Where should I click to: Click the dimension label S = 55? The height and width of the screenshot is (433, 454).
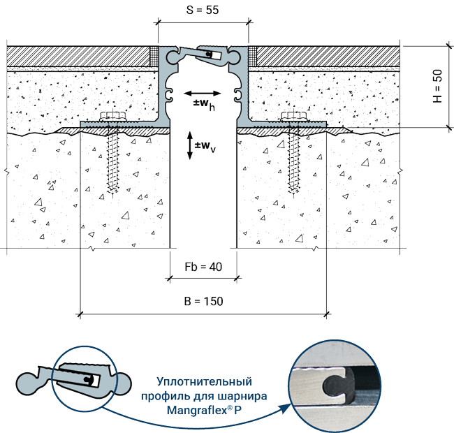click(x=203, y=10)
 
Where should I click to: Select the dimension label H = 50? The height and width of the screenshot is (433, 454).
click(x=437, y=87)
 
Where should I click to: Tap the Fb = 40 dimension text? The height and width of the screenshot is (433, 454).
click(x=203, y=267)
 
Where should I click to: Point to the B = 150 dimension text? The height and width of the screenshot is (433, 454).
click(x=203, y=301)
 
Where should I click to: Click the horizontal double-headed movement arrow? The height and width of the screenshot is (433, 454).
click(x=203, y=93)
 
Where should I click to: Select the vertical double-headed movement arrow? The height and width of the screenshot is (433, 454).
click(x=190, y=145)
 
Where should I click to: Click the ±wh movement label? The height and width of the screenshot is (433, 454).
click(x=204, y=104)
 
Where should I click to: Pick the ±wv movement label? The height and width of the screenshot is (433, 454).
click(x=205, y=146)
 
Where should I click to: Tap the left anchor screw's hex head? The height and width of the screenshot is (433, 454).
click(x=113, y=116)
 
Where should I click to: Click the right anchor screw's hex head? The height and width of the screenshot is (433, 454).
click(x=294, y=116)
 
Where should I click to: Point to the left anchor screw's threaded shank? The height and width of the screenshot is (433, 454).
click(x=113, y=161)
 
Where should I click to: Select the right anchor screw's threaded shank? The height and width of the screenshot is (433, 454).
click(x=294, y=161)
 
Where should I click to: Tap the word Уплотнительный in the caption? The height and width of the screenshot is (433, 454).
click(x=205, y=382)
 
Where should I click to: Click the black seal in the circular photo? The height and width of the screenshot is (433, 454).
click(x=339, y=386)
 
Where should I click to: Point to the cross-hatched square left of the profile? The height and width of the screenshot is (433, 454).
click(x=154, y=57)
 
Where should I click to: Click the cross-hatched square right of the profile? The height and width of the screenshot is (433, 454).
click(x=252, y=57)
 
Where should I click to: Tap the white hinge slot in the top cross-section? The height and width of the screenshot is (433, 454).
click(x=214, y=55)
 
